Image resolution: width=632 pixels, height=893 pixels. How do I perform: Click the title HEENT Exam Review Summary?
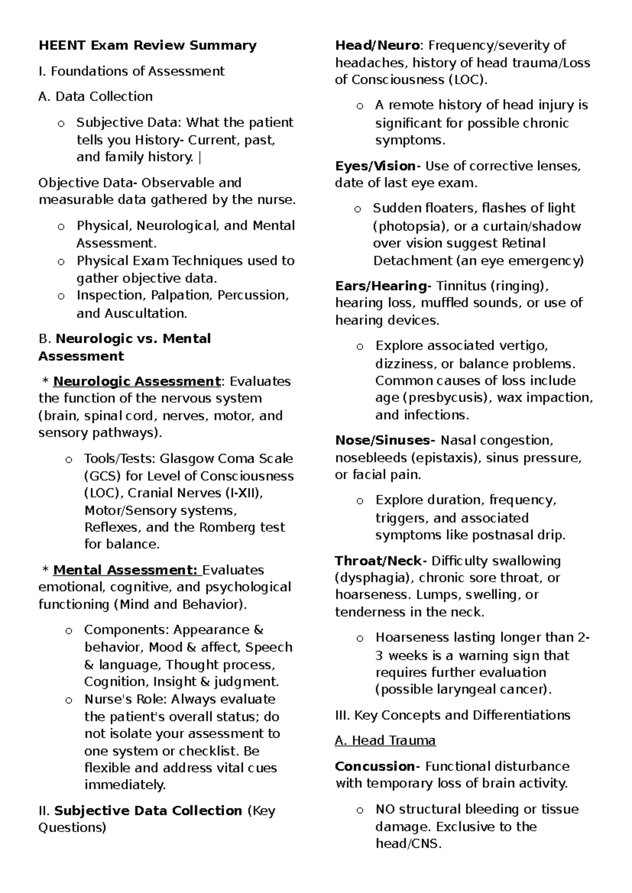pyautogui.click(x=147, y=46)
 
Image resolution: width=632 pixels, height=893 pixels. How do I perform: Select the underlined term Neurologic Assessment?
pyautogui.click(x=136, y=381)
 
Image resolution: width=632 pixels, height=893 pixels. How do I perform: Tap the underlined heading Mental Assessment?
pyautogui.click(x=126, y=570)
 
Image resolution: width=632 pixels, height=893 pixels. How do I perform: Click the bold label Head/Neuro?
pyautogui.click(x=377, y=46)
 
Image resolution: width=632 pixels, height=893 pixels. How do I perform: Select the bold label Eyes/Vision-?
pyautogui.click(x=378, y=166)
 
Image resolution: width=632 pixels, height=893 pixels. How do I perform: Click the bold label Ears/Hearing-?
pyautogui.click(x=383, y=286)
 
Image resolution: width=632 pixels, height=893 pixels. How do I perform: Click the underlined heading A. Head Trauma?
pyautogui.click(x=385, y=741)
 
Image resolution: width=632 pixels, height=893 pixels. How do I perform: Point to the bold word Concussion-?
pyautogui.click(x=378, y=766)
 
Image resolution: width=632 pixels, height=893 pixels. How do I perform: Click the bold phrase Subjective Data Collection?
pyautogui.click(x=148, y=811)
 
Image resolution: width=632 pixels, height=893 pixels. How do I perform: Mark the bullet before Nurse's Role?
pyautogui.click(x=68, y=700)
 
